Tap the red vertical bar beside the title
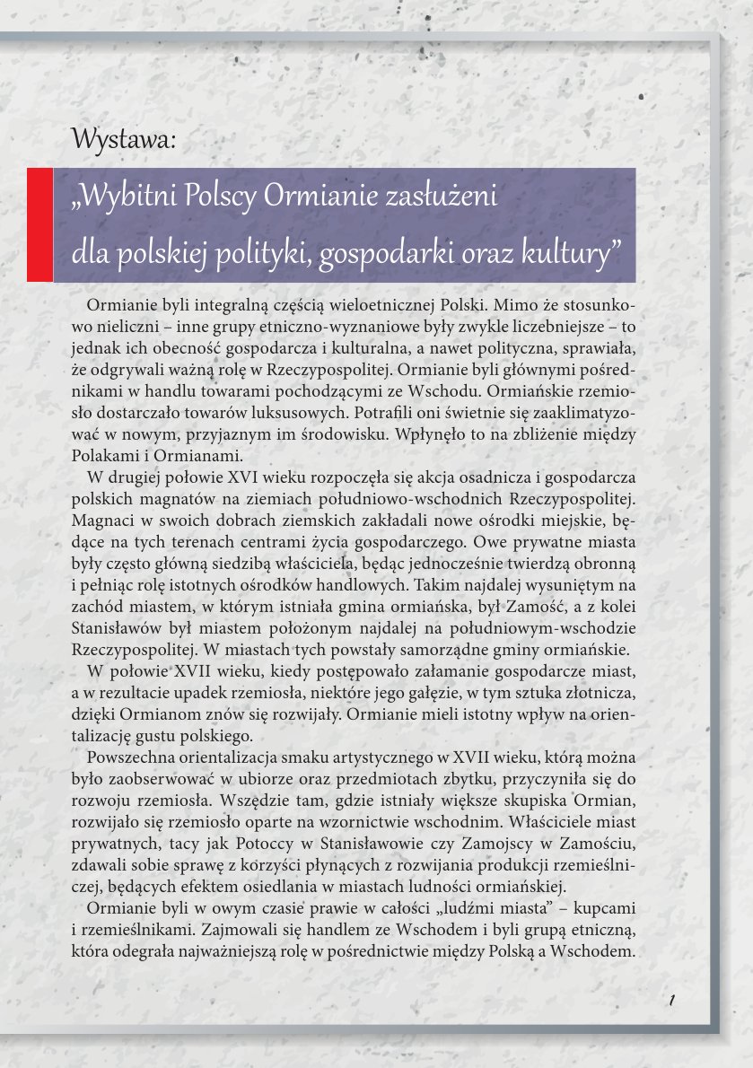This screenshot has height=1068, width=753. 39,224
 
